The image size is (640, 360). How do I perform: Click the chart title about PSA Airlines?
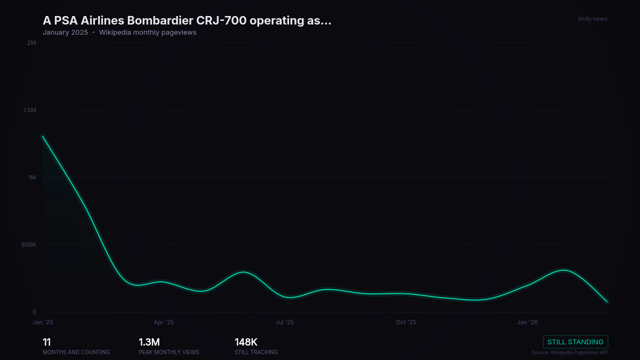(x=187, y=21)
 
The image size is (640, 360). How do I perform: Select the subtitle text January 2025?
(x=65, y=33)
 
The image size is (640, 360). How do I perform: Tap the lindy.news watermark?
(x=593, y=19)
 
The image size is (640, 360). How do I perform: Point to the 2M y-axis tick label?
(x=31, y=43)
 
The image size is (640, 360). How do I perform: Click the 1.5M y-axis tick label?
(x=29, y=110)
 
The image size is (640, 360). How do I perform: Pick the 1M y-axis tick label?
(x=32, y=178)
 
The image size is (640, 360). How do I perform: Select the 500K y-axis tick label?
(x=29, y=245)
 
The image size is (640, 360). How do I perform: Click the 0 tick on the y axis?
(x=34, y=313)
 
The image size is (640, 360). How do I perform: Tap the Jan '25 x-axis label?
(x=43, y=322)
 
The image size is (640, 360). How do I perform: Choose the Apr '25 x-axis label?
(x=164, y=322)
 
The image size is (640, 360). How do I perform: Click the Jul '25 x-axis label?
(x=285, y=322)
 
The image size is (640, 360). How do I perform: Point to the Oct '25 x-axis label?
(x=406, y=322)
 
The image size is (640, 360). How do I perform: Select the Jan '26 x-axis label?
(x=527, y=322)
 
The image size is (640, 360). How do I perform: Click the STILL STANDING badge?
(x=575, y=342)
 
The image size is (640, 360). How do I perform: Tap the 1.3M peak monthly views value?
(x=149, y=342)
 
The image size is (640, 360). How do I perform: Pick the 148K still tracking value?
(x=246, y=342)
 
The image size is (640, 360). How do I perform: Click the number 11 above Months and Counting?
(x=46, y=342)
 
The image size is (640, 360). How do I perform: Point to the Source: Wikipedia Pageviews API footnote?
(x=570, y=353)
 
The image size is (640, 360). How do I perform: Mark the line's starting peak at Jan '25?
(x=43, y=136)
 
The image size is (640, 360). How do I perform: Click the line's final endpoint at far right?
(x=607, y=302)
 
